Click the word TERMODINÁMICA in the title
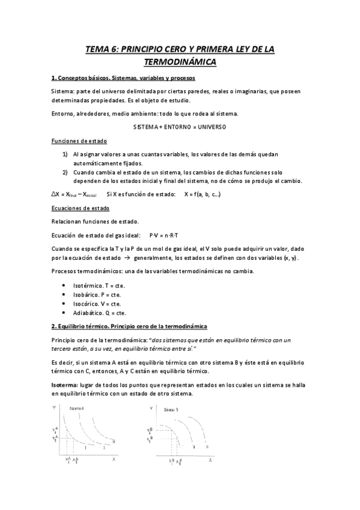click(180, 62)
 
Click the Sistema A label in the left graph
click(76, 409)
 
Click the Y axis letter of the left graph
click(55, 407)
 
